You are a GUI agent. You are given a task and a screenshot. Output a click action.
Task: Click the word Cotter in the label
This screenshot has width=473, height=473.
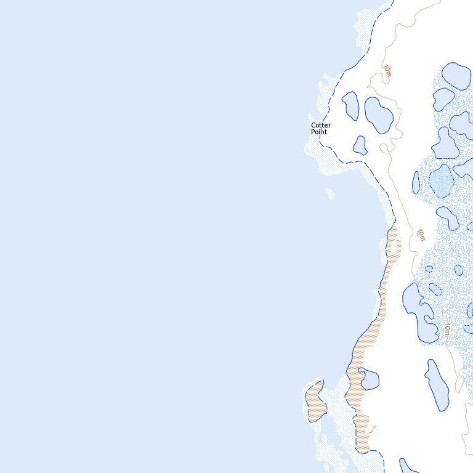pos(321,125)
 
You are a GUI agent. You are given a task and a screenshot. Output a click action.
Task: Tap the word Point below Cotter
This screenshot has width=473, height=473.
pos(319,132)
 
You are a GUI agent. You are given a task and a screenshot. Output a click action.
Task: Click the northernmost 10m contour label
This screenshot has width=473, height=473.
pos(387,71)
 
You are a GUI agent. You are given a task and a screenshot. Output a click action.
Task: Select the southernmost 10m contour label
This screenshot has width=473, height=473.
pos(448,329)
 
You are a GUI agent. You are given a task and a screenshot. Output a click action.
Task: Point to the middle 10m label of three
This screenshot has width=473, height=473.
pos(421,235)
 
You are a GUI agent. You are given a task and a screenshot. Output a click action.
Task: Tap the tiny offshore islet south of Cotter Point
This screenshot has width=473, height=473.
pos(329,194)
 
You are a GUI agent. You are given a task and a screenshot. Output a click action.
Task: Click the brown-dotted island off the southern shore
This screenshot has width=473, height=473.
pos(315,401)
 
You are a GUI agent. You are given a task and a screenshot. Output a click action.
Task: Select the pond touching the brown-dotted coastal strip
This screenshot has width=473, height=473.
pos(369,379)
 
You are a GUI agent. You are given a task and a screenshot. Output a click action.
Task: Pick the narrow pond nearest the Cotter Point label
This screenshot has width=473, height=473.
pos(350,105)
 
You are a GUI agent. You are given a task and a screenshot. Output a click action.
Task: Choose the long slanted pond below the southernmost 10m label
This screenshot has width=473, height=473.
pos(437,384)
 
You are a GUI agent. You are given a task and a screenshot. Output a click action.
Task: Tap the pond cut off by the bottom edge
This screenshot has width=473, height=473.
pos(409,466)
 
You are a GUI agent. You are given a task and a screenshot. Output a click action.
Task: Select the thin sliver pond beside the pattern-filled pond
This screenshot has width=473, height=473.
pos(416,182)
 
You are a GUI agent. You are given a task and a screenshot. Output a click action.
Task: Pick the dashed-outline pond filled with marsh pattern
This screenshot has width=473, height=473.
pos(442,180)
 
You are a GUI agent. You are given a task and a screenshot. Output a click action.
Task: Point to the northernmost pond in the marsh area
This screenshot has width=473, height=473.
pos(456,75)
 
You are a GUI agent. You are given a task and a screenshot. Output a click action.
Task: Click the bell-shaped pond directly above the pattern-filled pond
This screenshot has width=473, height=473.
pos(445,144)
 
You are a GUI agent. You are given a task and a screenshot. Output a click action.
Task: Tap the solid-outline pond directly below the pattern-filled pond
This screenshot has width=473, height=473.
pos(447,217)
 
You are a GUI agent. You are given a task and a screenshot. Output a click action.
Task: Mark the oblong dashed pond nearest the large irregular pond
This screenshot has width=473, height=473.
pos(435,289)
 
